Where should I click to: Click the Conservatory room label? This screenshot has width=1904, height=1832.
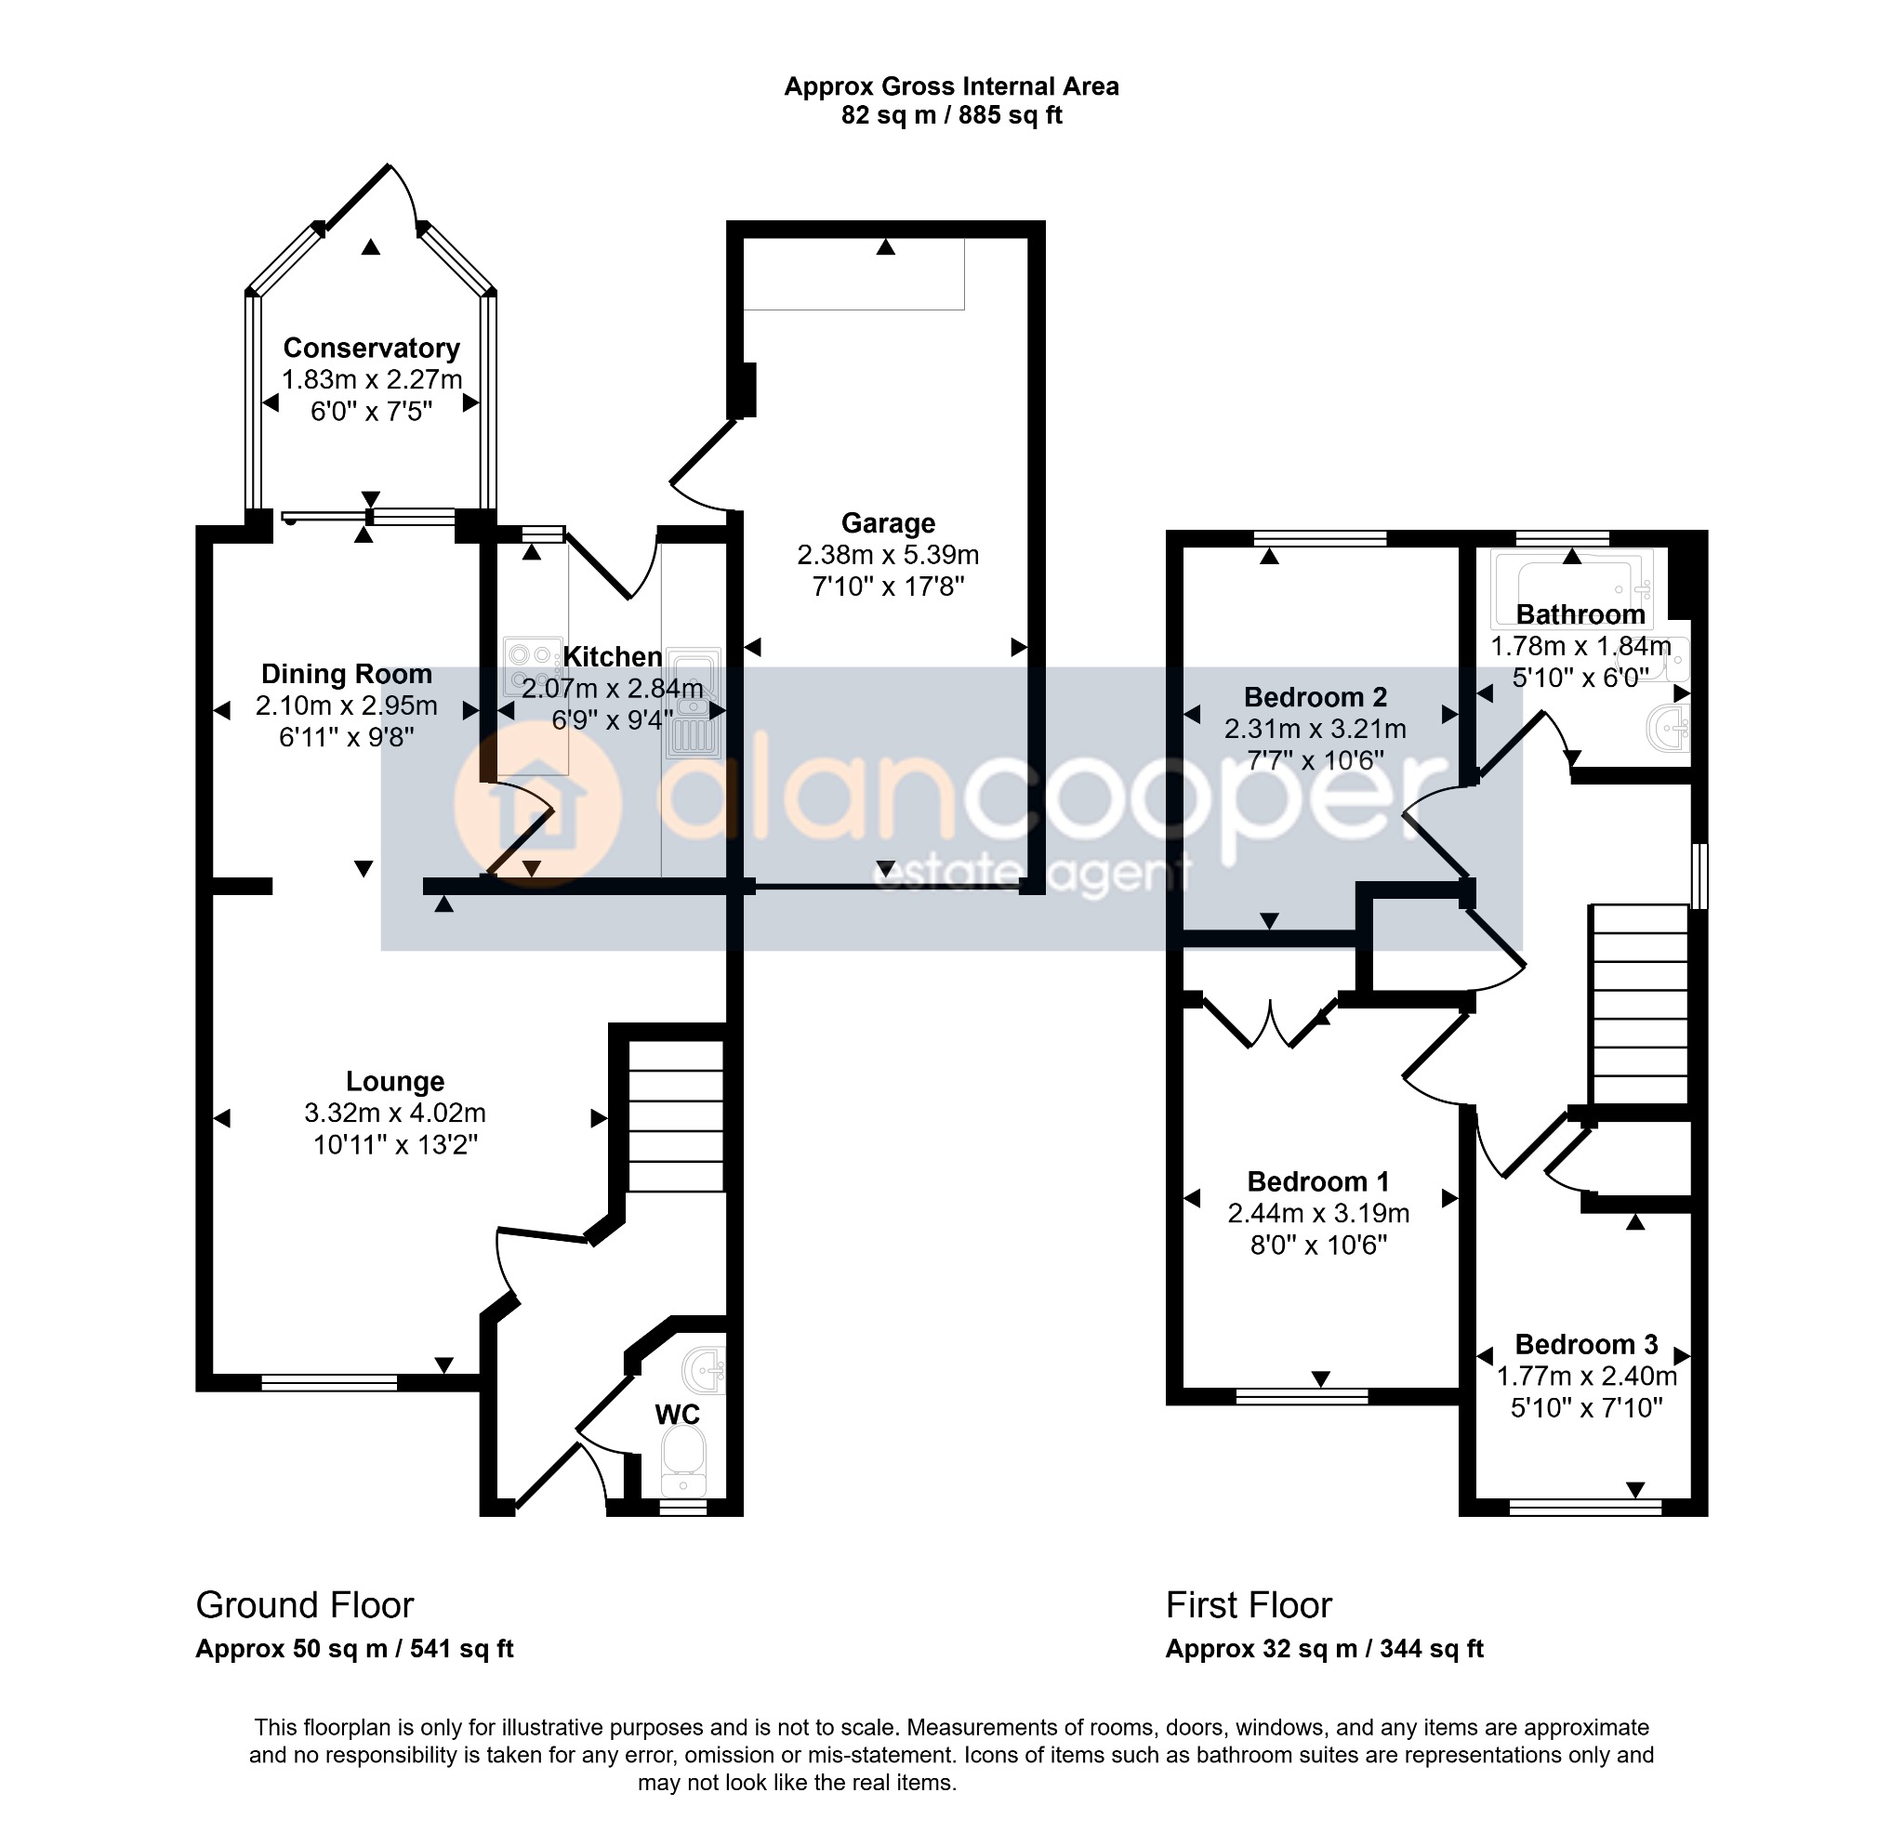point(371,348)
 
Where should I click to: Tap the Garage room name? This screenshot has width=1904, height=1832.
point(888,523)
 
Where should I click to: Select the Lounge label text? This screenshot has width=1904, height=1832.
point(395,1082)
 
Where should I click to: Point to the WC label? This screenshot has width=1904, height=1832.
point(677,1415)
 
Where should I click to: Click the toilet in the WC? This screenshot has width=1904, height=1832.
point(684,1467)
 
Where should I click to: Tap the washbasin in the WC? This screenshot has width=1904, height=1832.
point(704,1371)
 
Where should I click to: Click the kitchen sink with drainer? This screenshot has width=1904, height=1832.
point(693,703)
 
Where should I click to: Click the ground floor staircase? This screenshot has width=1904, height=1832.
point(676,1116)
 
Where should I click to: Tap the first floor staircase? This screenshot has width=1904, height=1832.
point(1639,1004)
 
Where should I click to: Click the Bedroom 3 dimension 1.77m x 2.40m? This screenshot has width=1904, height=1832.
point(1586,1377)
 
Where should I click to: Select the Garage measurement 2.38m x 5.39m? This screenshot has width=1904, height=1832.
point(888,556)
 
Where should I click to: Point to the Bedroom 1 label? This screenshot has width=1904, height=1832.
point(1318,1182)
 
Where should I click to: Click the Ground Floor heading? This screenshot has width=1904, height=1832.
point(305,1605)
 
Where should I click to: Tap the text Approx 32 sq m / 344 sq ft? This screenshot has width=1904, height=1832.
point(1324,1650)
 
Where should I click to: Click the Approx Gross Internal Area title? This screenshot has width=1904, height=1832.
point(951,87)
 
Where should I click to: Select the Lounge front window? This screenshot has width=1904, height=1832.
point(329,1383)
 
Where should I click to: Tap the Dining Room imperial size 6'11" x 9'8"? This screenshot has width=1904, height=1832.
point(347,738)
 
